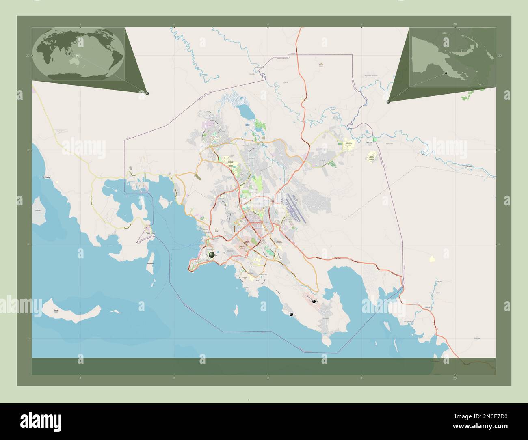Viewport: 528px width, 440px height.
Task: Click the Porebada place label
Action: pyautogui.click(x=42, y=178)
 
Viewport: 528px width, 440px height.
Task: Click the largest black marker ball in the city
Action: pyautogui.click(x=212, y=255)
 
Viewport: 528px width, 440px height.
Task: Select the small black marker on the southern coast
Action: pyautogui.click(x=291, y=314)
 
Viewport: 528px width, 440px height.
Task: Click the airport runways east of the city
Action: pyautogui.click(x=295, y=209)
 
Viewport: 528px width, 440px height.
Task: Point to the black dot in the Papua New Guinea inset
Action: pyautogui.click(x=445, y=73)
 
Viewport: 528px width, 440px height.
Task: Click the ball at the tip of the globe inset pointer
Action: pyautogui.click(x=147, y=93)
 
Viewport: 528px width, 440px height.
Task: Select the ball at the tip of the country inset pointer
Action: pyautogui.click(x=388, y=101)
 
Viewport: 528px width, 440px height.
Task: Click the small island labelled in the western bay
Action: pyautogui.click(x=39, y=211)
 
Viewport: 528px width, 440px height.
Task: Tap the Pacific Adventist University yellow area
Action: pyautogui.click(x=371, y=157)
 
